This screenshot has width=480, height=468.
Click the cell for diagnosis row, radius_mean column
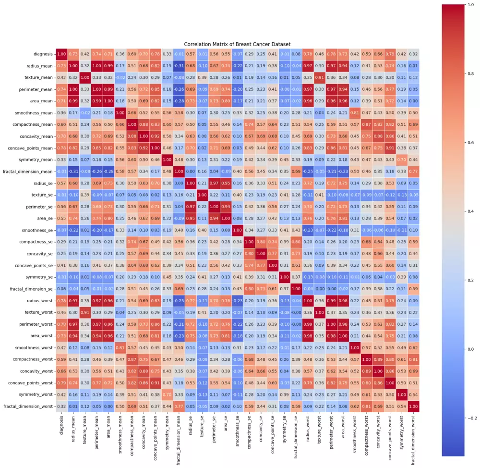click(x=73, y=53)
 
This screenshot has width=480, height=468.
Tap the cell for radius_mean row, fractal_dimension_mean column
click(x=179, y=65)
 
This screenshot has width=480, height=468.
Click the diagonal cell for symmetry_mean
click(x=167, y=159)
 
